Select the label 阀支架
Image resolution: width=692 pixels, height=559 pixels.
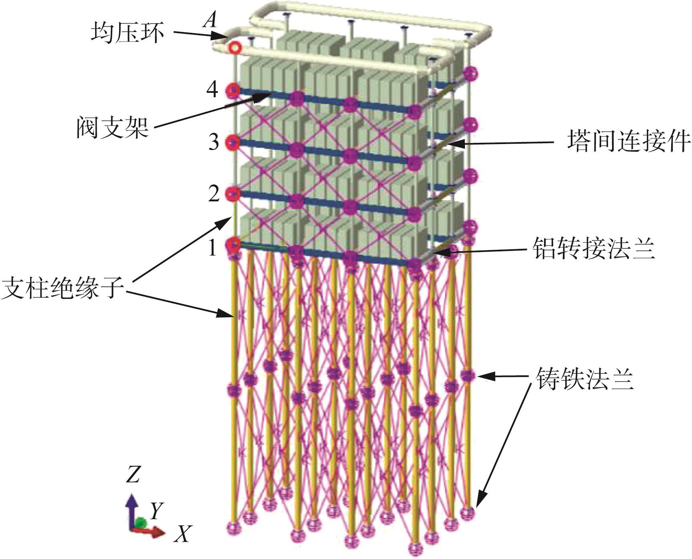(x=113, y=127)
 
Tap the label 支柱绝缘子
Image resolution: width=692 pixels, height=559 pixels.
(x=63, y=287)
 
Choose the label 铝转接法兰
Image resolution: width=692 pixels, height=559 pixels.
(x=594, y=248)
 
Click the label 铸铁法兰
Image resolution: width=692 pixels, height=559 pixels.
(x=584, y=378)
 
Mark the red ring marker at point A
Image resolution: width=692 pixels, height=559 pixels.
(x=235, y=48)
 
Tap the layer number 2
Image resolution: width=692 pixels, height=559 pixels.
(x=214, y=194)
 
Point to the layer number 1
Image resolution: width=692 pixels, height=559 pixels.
(x=213, y=248)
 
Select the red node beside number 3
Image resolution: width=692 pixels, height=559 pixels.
(x=233, y=142)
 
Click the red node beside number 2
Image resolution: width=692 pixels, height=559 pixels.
(x=232, y=194)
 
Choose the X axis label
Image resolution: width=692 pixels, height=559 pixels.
(x=183, y=533)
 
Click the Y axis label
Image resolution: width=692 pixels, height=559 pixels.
(x=156, y=510)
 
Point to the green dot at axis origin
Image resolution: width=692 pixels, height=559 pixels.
(x=140, y=523)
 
